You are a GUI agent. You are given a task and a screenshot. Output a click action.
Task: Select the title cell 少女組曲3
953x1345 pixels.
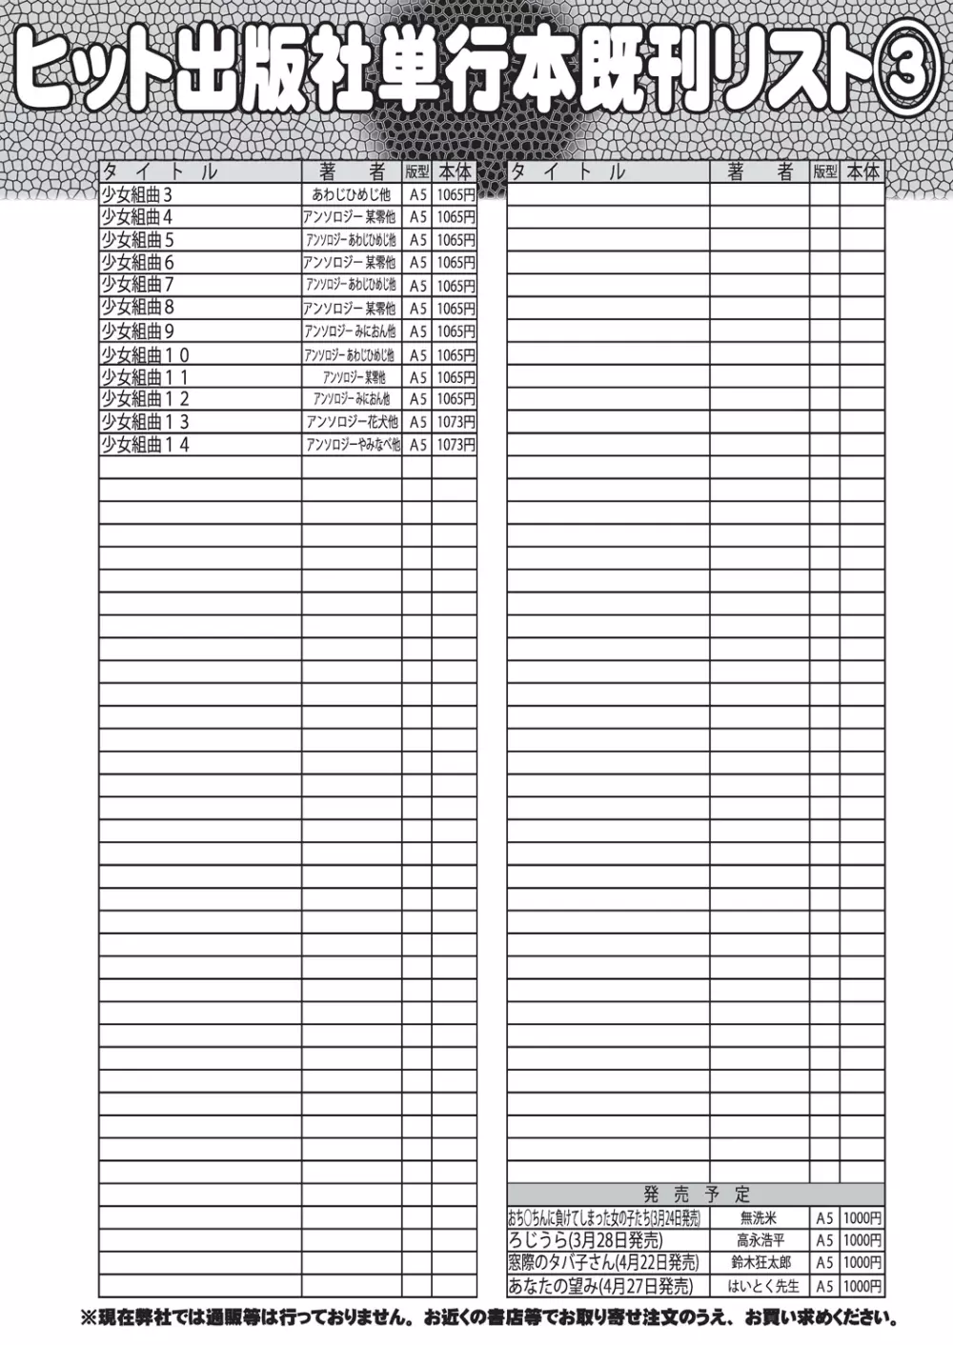pos(137,194)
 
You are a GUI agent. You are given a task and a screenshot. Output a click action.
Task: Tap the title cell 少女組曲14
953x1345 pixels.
pos(146,445)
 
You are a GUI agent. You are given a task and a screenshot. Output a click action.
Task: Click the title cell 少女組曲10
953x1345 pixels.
pos(146,354)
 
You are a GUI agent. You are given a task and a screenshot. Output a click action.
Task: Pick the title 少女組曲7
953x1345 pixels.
pos(138,285)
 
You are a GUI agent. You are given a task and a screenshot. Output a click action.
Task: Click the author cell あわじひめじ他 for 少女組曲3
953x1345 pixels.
pos(352,194)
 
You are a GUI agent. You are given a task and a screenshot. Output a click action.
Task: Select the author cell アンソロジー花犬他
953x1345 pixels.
pos(352,422)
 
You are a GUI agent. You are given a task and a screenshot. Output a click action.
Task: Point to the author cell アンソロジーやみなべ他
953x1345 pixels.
pos(352,445)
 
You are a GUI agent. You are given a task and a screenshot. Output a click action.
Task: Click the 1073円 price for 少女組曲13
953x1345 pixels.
pos(455,422)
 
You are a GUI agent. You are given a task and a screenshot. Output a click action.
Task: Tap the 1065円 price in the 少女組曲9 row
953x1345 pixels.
pos(455,331)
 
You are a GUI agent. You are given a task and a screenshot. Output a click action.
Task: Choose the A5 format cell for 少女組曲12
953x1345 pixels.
pos(417,399)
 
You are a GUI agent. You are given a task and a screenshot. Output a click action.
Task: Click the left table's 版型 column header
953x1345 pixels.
pos(417,172)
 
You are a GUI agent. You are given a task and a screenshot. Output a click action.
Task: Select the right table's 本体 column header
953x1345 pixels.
pos(862,172)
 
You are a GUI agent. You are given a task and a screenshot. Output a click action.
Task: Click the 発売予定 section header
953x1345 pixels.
pos(697,1194)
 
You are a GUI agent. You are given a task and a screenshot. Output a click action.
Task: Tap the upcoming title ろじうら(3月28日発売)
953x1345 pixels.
pos(585,1240)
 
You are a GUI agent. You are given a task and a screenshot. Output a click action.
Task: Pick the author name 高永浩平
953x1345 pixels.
pos(760,1240)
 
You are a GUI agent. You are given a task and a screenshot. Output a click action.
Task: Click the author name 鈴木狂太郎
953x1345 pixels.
pos(760,1263)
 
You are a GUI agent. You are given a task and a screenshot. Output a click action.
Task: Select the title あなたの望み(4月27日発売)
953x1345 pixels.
pos(600,1286)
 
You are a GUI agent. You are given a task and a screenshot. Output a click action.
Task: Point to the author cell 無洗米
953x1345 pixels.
pos(760,1218)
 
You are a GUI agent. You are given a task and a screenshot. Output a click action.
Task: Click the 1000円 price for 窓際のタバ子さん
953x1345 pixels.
pos(862,1263)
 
